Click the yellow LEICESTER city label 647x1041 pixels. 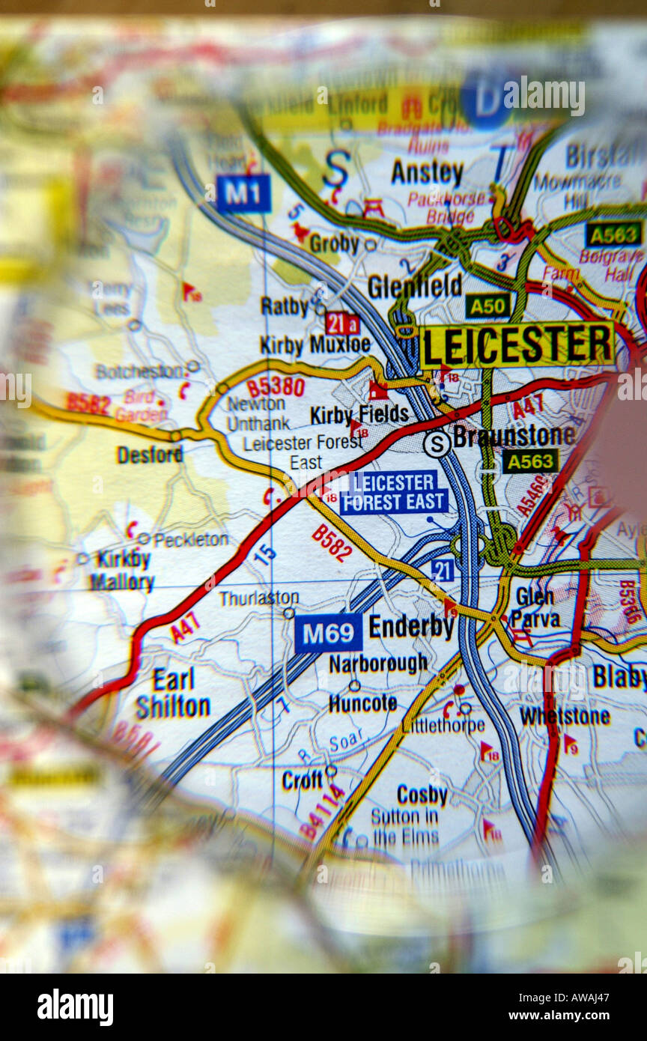click(517, 345)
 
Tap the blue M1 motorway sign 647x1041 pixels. click(243, 193)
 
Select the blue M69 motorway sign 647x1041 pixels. click(328, 633)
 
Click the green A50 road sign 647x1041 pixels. click(487, 305)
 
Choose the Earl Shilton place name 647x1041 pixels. click(173, 693)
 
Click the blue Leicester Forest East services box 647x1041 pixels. click(394, 492)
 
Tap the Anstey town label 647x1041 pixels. click(427, 173)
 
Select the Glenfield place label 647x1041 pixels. click(414, 285)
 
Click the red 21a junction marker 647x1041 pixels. click(342, 323)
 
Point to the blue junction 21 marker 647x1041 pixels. click(442, 571)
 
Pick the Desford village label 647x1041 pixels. click(150, 455)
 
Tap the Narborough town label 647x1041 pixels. click(378, 663)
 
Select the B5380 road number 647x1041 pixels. click(276, 387)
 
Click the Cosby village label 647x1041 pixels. click(422, 795)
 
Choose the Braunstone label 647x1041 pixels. click(514, 437)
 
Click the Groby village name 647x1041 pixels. click(334, 244)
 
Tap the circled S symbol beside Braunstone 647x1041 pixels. click(437, 443)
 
